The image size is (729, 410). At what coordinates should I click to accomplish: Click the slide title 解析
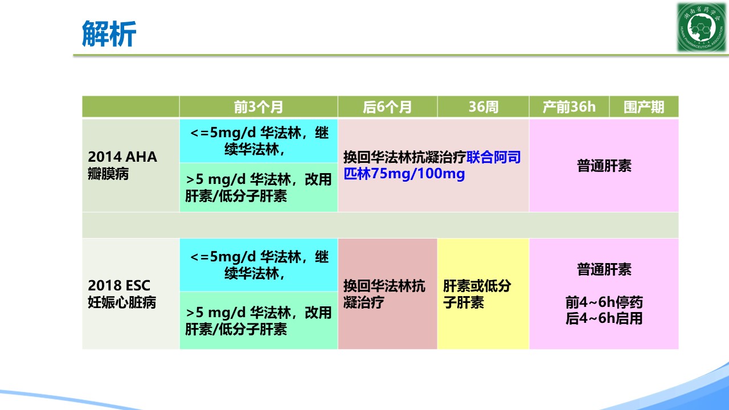[109, 34]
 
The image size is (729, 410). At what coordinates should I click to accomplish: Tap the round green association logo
[701, 27]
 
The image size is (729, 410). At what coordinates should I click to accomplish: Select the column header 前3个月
[259, 107]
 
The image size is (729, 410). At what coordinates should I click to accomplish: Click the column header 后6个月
[387, 107]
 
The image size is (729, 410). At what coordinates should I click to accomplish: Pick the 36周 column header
[484, 107]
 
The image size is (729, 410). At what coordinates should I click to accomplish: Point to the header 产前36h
[569, 107]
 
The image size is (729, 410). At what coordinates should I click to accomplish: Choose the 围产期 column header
[644, 107]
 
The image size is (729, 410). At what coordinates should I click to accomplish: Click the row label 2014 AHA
[122, 157]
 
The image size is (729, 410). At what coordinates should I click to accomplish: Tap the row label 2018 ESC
[119, 286]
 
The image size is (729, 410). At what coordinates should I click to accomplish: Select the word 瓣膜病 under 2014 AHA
[108, 174]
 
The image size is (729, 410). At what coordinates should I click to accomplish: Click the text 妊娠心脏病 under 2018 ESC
[122, 302]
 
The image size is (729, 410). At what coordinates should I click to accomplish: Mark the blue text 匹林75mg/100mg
[404, 174]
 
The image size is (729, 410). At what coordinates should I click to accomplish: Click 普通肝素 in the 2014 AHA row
[604, 166]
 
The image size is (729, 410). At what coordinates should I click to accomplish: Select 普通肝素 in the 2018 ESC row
[604, 269]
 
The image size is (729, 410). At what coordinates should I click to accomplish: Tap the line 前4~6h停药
[604, 302]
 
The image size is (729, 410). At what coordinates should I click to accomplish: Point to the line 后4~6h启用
[604, 318]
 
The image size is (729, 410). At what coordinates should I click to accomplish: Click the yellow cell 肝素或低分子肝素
[484, 294]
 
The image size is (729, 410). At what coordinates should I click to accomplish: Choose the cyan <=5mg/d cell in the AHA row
[259, 141]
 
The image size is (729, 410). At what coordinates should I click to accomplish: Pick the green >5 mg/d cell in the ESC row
[259, 321]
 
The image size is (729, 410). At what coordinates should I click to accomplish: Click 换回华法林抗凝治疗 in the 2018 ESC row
[384, 294]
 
